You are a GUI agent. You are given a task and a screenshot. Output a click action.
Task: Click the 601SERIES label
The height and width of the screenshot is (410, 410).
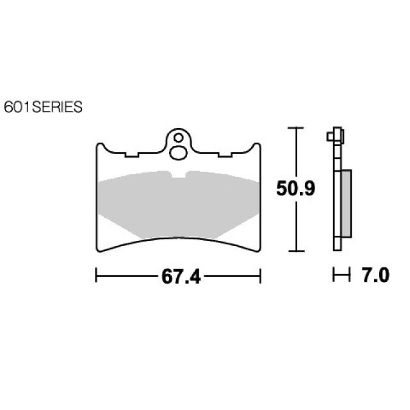(43, 107)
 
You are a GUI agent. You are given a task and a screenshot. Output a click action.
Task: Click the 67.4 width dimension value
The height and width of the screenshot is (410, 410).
(181, 276)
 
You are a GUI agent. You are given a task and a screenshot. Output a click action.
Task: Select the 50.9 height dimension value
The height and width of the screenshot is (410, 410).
(296, 188)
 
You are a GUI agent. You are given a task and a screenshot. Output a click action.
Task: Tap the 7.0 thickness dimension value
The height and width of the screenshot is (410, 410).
(376, 275)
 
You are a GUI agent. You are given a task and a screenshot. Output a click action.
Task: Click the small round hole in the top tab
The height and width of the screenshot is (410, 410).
(179, 138)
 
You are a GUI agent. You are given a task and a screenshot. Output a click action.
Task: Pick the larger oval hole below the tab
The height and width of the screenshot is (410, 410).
(178, 153)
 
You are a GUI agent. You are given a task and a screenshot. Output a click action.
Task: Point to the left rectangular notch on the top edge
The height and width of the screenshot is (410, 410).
(132, 154)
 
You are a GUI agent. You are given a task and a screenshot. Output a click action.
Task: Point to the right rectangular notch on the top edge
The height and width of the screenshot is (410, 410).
(225, 154)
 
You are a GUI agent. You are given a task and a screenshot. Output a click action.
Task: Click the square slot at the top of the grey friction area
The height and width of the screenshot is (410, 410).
(178, 174)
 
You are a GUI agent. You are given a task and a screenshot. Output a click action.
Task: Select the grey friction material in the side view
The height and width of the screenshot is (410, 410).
(346, 204)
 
